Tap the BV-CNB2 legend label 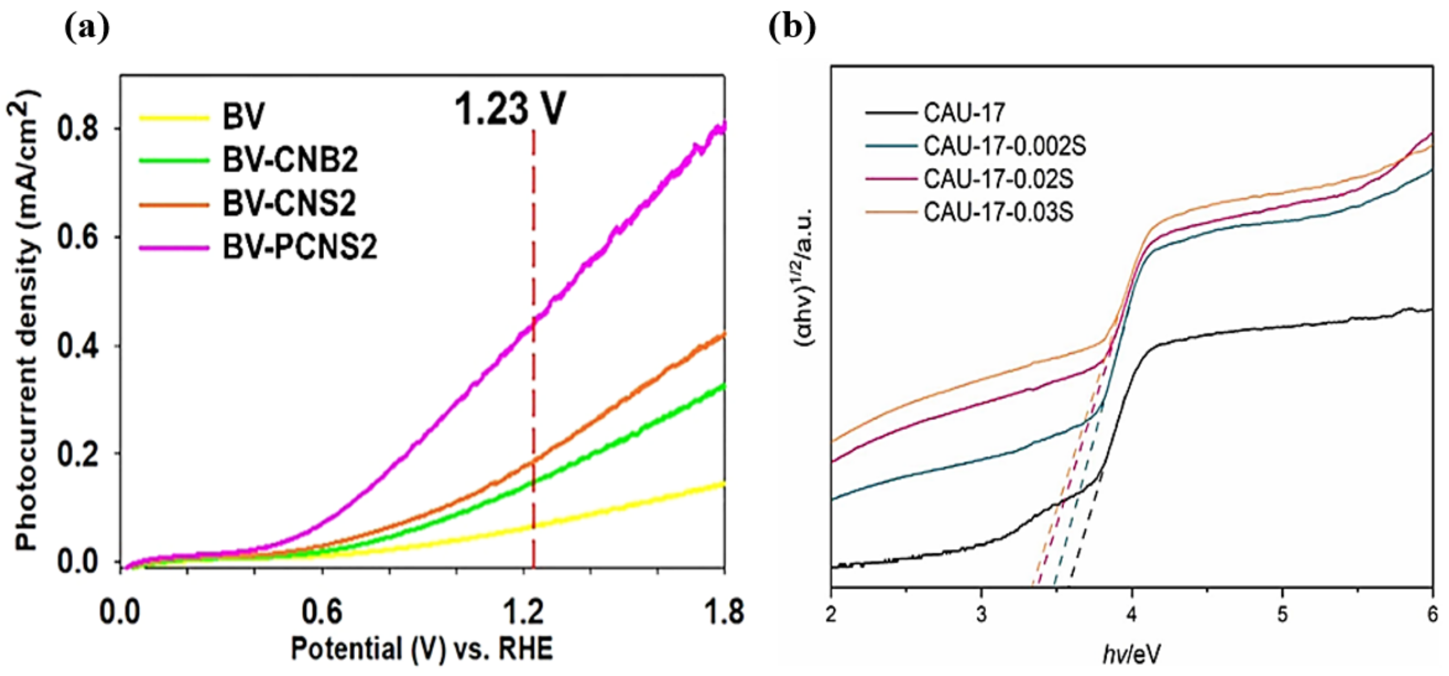[290, 160]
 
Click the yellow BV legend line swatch [174, 118]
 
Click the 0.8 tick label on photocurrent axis [79, 129]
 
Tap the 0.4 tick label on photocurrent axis [79, 346]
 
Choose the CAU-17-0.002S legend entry [1005, 146]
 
